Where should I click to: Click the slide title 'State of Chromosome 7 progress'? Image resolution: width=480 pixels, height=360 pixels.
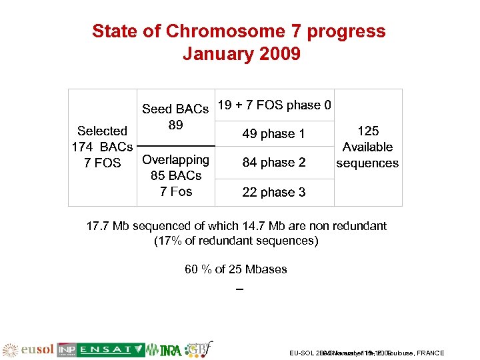[x=239, y=31]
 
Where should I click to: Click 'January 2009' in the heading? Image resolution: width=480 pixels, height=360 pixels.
[x=241, y=53]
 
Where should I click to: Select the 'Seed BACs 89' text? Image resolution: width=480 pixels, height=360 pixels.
[x=175, y=117]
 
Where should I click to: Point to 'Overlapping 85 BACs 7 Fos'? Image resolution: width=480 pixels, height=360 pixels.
[x=176, y=175]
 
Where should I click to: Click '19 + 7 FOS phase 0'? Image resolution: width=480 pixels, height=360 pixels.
[x=275, y=105]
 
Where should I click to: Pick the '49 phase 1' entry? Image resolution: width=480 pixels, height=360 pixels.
[x=273, y=134]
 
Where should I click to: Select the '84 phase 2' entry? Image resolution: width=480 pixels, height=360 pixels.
[x=273, y=163]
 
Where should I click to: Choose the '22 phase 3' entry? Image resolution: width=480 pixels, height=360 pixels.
[x=273, y=192]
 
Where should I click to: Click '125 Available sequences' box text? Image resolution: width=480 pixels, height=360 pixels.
[x=367, y=147]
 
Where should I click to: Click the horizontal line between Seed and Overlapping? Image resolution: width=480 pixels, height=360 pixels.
[x=175, y=145]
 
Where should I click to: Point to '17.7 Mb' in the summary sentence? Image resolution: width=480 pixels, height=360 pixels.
[x=108, y=226]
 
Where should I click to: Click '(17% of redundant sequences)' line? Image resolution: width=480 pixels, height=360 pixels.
[x=236, y=241]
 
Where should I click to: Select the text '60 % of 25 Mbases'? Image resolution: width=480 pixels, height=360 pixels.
[x=236, y=269]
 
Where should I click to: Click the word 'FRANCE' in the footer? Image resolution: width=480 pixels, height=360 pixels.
[x=430, y=353]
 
